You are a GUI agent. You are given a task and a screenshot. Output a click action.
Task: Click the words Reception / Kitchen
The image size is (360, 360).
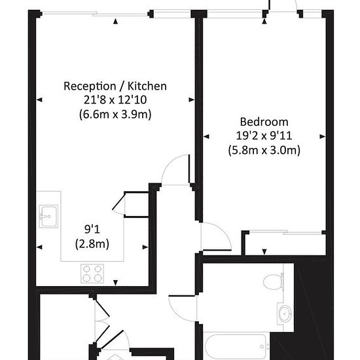115,86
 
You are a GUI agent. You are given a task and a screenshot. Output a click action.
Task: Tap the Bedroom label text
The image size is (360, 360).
264,122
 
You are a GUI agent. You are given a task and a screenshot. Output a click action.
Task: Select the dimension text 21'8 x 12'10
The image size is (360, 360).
115,99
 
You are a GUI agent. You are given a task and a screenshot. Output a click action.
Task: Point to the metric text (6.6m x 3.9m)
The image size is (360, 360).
115,114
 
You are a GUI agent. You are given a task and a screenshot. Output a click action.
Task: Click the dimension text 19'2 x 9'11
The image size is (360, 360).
264,136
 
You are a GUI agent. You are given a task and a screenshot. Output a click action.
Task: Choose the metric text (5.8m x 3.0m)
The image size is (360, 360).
264,151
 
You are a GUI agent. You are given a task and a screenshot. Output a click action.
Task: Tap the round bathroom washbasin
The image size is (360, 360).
285,314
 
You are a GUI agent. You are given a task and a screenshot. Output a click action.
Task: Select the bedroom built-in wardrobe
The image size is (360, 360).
283,243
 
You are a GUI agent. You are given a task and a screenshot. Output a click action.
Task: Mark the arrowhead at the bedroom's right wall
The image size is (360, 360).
323,137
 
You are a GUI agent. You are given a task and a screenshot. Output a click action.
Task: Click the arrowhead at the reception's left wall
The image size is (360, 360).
39,99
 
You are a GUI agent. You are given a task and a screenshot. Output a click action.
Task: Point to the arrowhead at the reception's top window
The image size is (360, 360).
116,22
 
